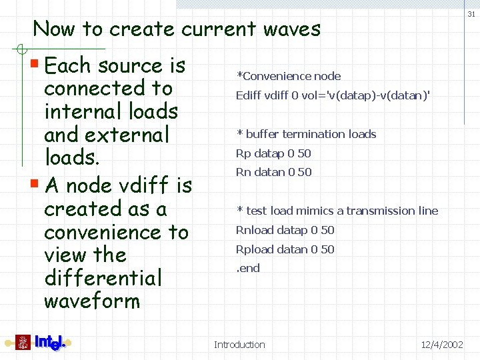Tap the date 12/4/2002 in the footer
coord(442,345)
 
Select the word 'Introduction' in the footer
coord(239,345)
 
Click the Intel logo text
coord(50,343)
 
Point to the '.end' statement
coord(249,268)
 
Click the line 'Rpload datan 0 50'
coord(285,249)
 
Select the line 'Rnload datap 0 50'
coord(285,230)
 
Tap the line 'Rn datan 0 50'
coord(273,172)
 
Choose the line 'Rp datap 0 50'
coord(273,153)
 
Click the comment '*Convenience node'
coord(289,76)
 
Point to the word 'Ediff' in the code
coord(249,95)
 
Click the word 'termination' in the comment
coord(299,134)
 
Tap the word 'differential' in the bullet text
coord(103,278)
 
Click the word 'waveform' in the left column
coord(92,301)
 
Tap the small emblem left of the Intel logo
coord(23,343)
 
